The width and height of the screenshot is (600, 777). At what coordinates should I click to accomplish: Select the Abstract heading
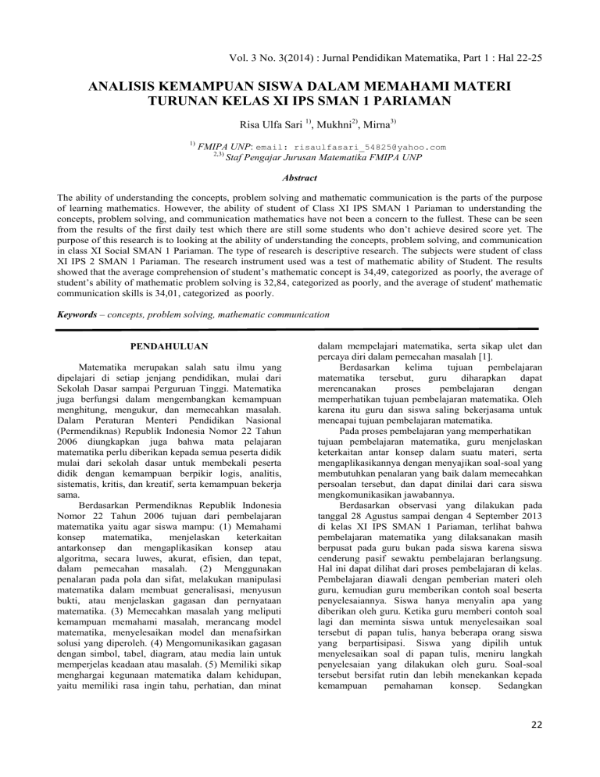coord(300,177)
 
